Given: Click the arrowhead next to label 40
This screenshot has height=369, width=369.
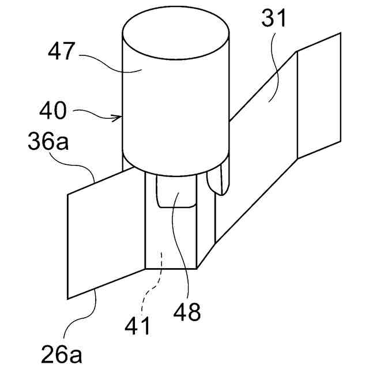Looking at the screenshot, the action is point(119,118).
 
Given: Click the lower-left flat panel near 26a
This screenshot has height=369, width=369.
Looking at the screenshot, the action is point(104,236).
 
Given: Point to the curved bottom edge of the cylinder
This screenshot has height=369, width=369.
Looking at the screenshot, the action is point(176,172).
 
